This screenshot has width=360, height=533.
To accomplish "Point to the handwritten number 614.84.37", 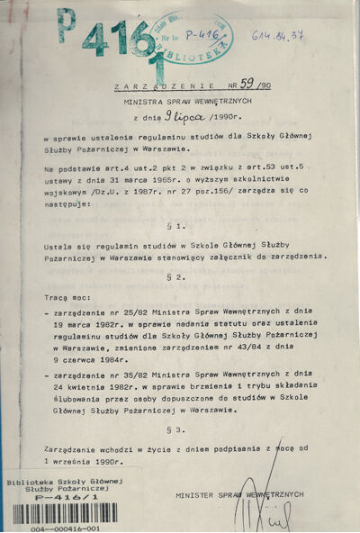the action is pyautogui.click(x=303, y=36).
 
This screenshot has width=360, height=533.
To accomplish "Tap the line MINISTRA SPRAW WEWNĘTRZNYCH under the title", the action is pyautogui.click(x=181, y=102).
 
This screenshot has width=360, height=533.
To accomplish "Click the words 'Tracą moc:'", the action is pyautogui.click(x=66, y=295).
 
